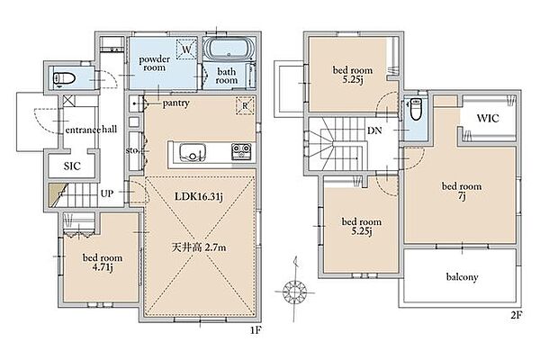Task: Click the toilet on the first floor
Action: pyautogui.click(x=64, y=79)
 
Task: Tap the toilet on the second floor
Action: pyautogui.click(x=416, y=109)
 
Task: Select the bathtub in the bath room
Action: pyautogui.click(x=229, y=49)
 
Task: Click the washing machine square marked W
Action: pyautogui.click(x=186, y=49)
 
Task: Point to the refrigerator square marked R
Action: pyautogui.click(x=245, y=105)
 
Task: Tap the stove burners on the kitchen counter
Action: pyautogui.click(x=241, y=151)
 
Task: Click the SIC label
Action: pyautogui.click(x=72, y=166)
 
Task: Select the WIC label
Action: pyautogui.click(x=488, y=119)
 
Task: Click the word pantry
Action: pyautogui.click(x=176, y=103)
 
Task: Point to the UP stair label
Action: pyautogui.click(x=107, y=193)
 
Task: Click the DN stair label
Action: pyautogui.click(x=374, y=130)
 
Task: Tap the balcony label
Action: pyautogui.click(x=462, y=277)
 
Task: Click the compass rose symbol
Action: pyautogui.click(x=295, y=292)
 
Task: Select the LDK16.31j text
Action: pyautogui.click(x=199, y=197)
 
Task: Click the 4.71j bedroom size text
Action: pyautogui.click(x=103, y=267)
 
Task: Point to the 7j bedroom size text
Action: pyautogui.click(x=462, y=196)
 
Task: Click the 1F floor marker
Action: pyautogui.click(x=256, y=330)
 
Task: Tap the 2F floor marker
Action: pyautogui.click(x=516, y=315)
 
